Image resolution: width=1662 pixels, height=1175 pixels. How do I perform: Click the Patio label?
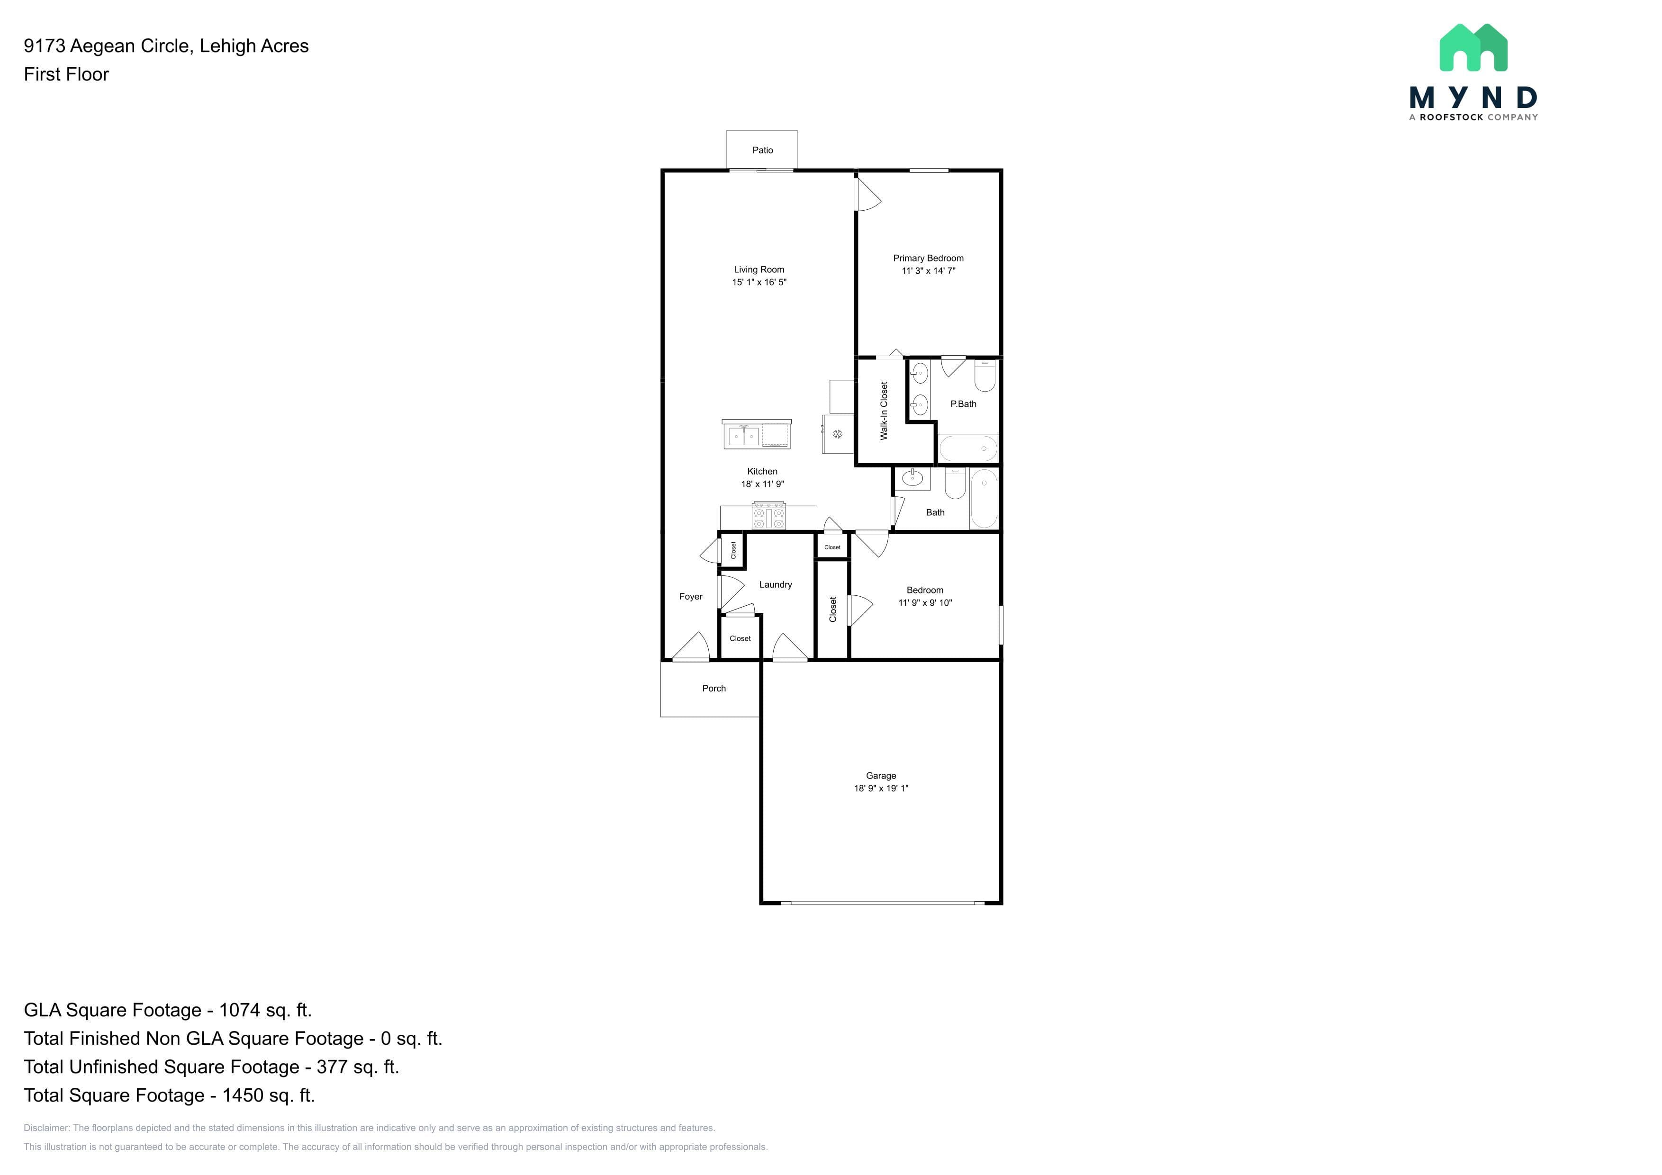tap(762, 151)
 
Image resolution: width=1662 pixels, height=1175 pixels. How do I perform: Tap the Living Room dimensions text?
tap(759, 282)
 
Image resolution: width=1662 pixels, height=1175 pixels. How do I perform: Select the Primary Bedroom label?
tap(928, 258)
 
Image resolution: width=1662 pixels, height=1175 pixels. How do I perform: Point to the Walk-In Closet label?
tap(884, 411)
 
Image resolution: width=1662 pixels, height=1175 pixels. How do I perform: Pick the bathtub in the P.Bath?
tap(968, 448)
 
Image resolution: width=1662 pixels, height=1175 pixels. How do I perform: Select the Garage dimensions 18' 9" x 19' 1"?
tap(881, 789)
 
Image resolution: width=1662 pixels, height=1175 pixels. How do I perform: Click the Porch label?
tap(714, 689)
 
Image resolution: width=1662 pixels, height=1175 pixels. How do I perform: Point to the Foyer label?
tap(691, 597)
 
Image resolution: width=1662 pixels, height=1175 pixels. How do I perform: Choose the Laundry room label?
tap(775, 584)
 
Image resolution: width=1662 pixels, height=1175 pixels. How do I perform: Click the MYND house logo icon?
tap(1473, 48)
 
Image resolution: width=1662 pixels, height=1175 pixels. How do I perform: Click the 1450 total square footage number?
tap(243, 1095)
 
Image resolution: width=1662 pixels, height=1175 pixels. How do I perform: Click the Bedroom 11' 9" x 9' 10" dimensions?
tap(925, 603)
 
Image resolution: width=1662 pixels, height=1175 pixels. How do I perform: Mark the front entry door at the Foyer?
tap(691, 648)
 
